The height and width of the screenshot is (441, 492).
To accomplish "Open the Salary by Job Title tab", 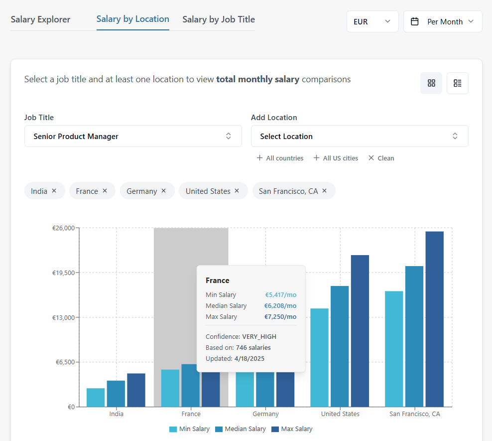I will tap(218, 19).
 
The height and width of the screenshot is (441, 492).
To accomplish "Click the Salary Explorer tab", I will tap(40, 19).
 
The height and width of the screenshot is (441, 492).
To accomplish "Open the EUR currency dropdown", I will tap(372, 22).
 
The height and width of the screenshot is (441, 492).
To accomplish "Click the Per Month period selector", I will tap(442, 22).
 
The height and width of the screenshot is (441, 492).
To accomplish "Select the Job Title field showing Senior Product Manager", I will tap(133, 136).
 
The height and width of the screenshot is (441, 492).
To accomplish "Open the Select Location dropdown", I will tap(359, 136).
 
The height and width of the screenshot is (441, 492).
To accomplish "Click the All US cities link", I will tap(336, 158).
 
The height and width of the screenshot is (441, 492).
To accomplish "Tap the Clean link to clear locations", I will tap(381, 158).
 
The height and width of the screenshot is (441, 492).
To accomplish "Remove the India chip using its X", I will tap(54, 191).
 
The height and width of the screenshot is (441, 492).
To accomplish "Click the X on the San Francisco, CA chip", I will tap(325, 191).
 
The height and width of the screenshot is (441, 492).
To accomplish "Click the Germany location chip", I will tap(141, 191).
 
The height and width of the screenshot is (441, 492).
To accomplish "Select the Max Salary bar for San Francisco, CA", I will tap(434, 319).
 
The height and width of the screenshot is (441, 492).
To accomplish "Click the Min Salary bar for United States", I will tap(319, 357).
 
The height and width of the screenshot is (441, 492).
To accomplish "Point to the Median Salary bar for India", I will tap(116, 394).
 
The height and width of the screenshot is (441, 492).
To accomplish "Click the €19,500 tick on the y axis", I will tap(63, 273).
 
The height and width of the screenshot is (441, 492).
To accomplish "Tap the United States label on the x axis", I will tap(340, 414).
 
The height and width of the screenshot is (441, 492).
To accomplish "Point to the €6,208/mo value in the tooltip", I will tap(280, 306).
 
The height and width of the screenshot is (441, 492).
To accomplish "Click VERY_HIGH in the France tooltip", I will tap(259, 337).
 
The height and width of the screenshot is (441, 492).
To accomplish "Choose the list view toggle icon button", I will tap(457, 83).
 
